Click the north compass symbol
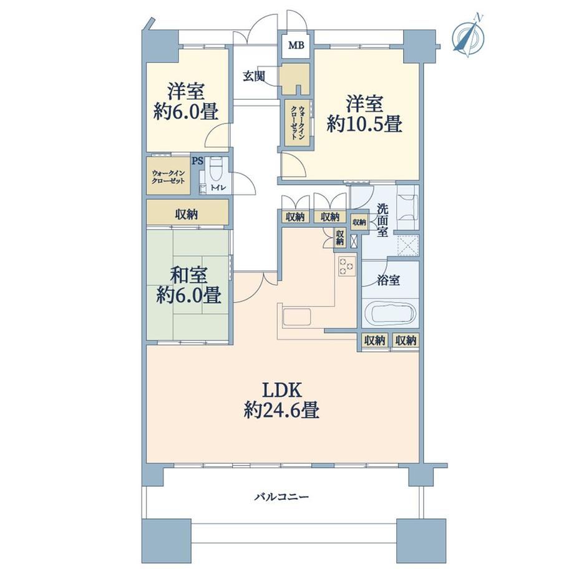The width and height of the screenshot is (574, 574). click(x=469, y=36)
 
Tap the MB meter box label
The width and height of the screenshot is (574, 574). click(x=296, y=46)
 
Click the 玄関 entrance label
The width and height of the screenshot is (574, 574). click(x=254, y=77)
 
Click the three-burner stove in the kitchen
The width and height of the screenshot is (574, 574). click(x=347, y=266)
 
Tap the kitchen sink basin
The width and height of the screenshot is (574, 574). click(x=297, y=317)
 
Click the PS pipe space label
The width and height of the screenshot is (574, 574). click(x=197, y=161)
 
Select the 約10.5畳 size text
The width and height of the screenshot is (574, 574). click(x=364, y=124)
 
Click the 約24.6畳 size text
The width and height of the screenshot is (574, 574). click(x=281, y=410)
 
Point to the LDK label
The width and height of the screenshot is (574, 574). click(x=282, y=391)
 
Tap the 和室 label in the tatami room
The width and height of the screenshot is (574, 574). click(x=189, y=275)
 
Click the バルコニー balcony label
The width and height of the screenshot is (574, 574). click(x=281, y=497)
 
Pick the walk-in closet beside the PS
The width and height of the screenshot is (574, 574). click(x=168, y=176)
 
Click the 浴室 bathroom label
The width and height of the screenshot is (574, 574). click(x=388, y=280)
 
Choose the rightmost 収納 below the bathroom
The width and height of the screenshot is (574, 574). click(x=406, y=341)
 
